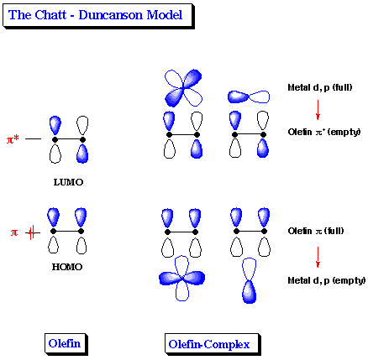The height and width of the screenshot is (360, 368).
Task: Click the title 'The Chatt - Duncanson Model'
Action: pos(97,15)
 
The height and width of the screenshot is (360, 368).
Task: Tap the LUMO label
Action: pos(68,181)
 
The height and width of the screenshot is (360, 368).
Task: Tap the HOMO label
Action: pos(68,267)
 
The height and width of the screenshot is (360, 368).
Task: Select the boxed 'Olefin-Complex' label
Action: pos(213,342)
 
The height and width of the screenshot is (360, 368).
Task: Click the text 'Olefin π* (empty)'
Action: pos(322,132)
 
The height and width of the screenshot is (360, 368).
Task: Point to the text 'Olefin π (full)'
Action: pos(317,231)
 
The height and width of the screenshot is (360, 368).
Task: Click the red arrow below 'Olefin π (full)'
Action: pos(318,255)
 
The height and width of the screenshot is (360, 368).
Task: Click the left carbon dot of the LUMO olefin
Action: pos(55,138)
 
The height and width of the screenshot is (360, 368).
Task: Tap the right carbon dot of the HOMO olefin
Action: pos(82,231)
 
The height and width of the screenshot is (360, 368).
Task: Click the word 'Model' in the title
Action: pos(165,15)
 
